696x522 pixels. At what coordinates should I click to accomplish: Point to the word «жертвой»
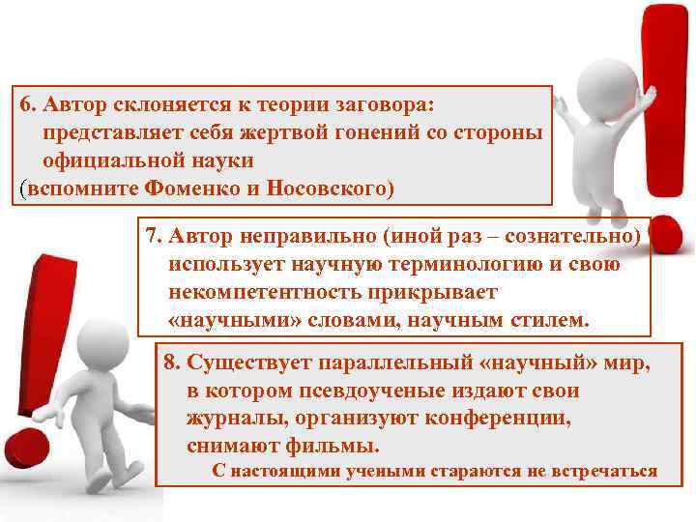(236, 130)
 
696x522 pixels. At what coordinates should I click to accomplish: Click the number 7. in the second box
(154, 237)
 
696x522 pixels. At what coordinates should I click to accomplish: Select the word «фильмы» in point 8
(338, 447)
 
